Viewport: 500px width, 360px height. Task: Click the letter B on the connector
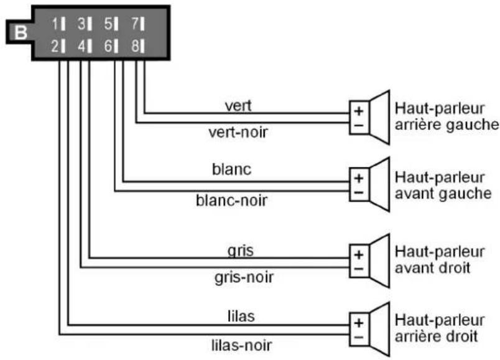tap(21, 32)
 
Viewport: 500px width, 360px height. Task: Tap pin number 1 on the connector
tap(58, 24)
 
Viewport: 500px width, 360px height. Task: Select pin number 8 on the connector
tap(138, 46)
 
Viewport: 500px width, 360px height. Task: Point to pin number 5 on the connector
tap(111, 24)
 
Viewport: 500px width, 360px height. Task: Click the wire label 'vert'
tap(238, 106)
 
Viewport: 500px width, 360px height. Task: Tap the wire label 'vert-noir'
tap(238, 132)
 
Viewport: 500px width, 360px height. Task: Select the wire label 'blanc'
tap(232, 169)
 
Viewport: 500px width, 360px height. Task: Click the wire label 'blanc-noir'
tap(231, 201)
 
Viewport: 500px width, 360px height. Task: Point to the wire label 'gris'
tap(241, 251)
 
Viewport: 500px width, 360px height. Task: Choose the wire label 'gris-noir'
tap(244, 277)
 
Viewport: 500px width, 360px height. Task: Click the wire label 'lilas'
tap(241, 316)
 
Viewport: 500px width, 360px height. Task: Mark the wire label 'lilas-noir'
tap(242, 345)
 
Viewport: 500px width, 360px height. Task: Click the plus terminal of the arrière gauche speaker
tap(359, 111)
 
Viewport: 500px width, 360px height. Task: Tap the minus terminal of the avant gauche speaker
tap(359, 193)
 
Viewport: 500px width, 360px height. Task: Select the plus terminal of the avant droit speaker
tap(359, 255)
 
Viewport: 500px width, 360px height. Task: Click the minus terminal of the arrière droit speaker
tap(359, 338)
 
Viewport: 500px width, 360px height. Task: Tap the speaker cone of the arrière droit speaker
tap(379, 329)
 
